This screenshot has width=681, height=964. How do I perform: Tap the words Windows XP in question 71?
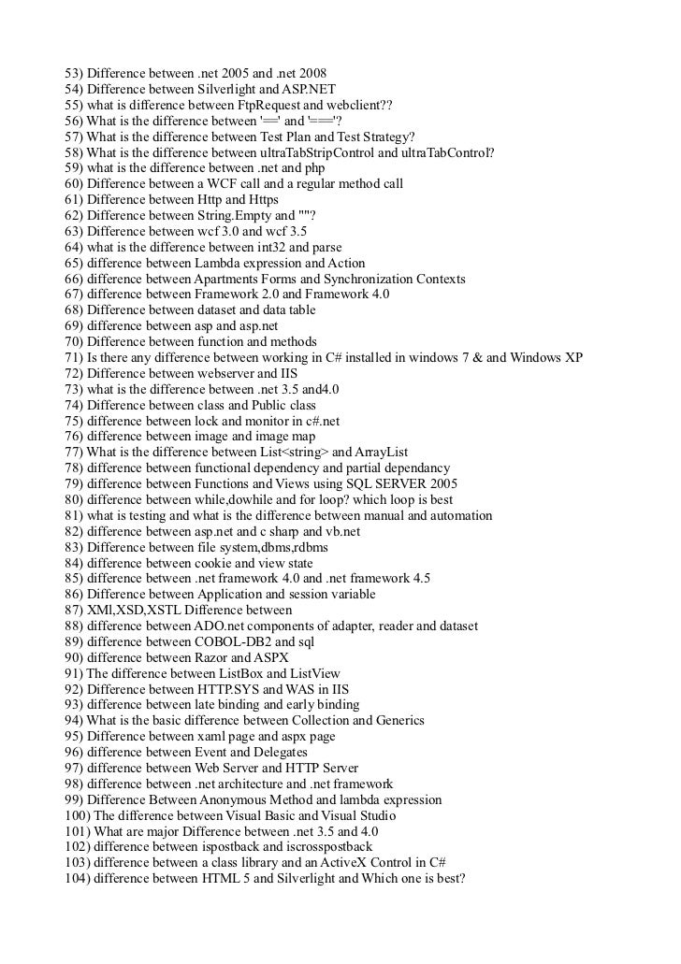click(x=545, y=358)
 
